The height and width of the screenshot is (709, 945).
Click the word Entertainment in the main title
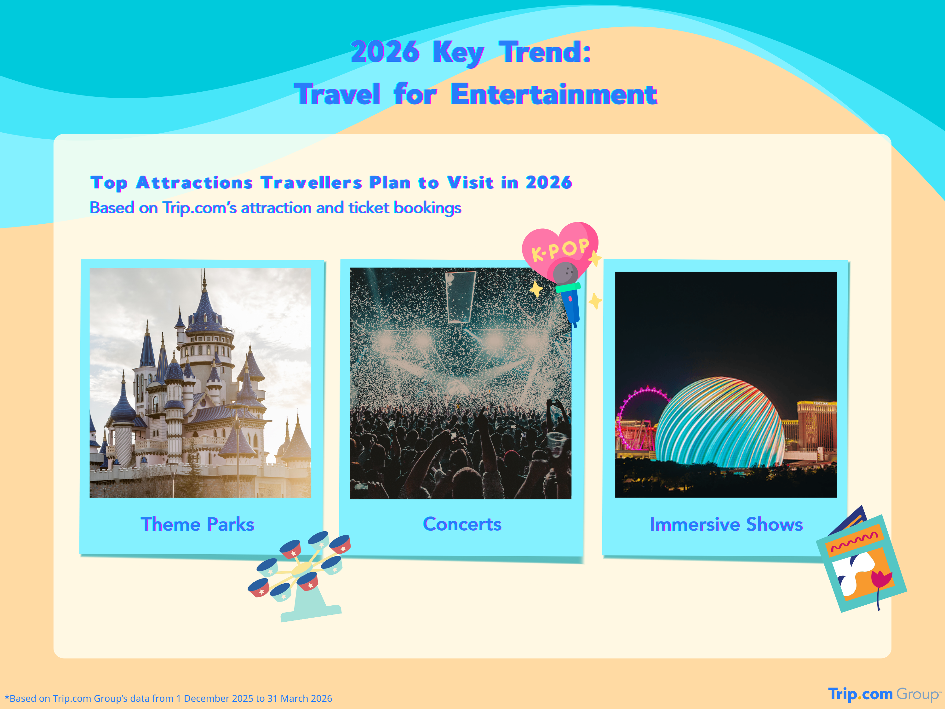coord(554,95)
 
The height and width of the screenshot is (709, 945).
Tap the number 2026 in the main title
coord(385,52)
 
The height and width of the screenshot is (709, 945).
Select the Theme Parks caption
coord(198,524)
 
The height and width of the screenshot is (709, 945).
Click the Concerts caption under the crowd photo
coord(462,524)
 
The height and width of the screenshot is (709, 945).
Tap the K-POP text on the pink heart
coord(560,250)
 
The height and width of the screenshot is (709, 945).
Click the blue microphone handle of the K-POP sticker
coord(571,306)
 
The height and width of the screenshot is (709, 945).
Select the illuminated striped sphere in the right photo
coord(720,423)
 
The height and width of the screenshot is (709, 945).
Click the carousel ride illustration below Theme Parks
coord(300,573)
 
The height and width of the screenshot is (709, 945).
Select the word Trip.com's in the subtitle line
coord(199,208)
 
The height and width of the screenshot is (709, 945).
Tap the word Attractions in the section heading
coord(194,183)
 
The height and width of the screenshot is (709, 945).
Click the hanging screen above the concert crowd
coord(461,296)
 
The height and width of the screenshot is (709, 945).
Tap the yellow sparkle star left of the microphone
coord(536,289)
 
